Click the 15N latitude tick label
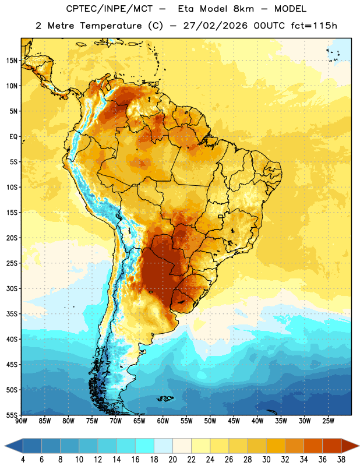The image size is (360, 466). (12, 61)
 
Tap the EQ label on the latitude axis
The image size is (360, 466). (13, 137)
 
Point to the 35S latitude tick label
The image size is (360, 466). (12, 314)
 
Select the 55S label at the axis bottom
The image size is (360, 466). (12, 415)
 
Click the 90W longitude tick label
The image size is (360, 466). (21, 421)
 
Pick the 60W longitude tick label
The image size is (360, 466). (163, 421)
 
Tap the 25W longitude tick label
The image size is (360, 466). (328, 421)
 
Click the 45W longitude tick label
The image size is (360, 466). (234, 421)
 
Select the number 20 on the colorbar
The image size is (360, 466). (172, 460)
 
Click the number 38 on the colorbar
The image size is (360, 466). (341, 460)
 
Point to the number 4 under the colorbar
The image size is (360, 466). (23, 460)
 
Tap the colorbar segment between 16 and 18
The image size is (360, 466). (145, 446)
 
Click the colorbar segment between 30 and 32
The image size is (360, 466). (276, 446)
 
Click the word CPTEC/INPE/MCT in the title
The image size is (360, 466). (110, 9)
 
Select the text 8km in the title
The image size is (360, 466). (243, 9)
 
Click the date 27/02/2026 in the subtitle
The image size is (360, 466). (215, 26)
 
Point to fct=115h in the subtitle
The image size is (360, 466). (314, 26)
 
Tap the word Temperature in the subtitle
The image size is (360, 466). (111, 26)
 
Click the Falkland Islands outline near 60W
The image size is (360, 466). (165, 398)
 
